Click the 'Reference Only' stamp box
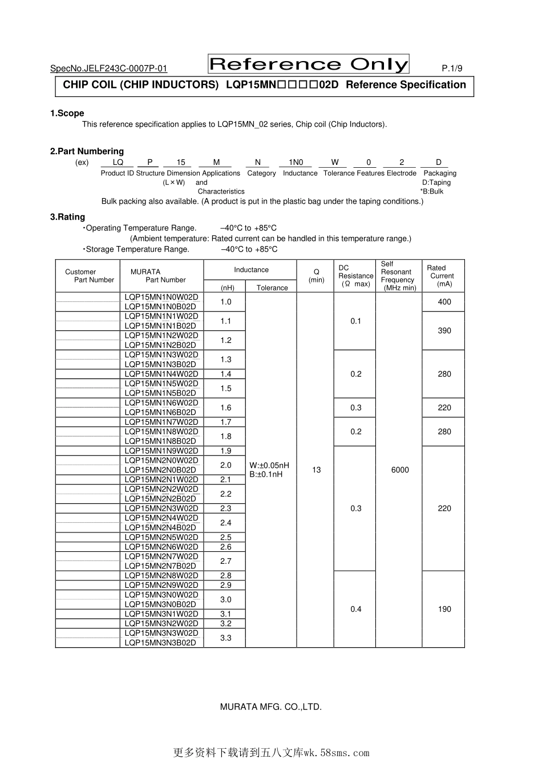point(309,64)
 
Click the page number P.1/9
point(452,68)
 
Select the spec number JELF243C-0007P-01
point(108,68)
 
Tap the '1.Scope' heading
point(67,113)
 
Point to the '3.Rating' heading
point(67,217)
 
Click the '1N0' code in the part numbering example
point(296,162)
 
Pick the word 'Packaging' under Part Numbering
point(440,173)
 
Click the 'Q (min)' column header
point(316,276)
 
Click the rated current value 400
point(444,302)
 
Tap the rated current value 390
point(444,330)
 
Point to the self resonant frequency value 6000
point(400,470)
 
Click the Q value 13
point(317,470)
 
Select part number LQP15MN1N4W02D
point(161,374)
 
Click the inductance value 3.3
point(226,637)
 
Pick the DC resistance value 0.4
point(356,609)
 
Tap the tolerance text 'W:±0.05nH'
point(269,465)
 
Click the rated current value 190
point(444,609)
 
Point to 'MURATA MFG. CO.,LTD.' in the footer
point(271,707)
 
